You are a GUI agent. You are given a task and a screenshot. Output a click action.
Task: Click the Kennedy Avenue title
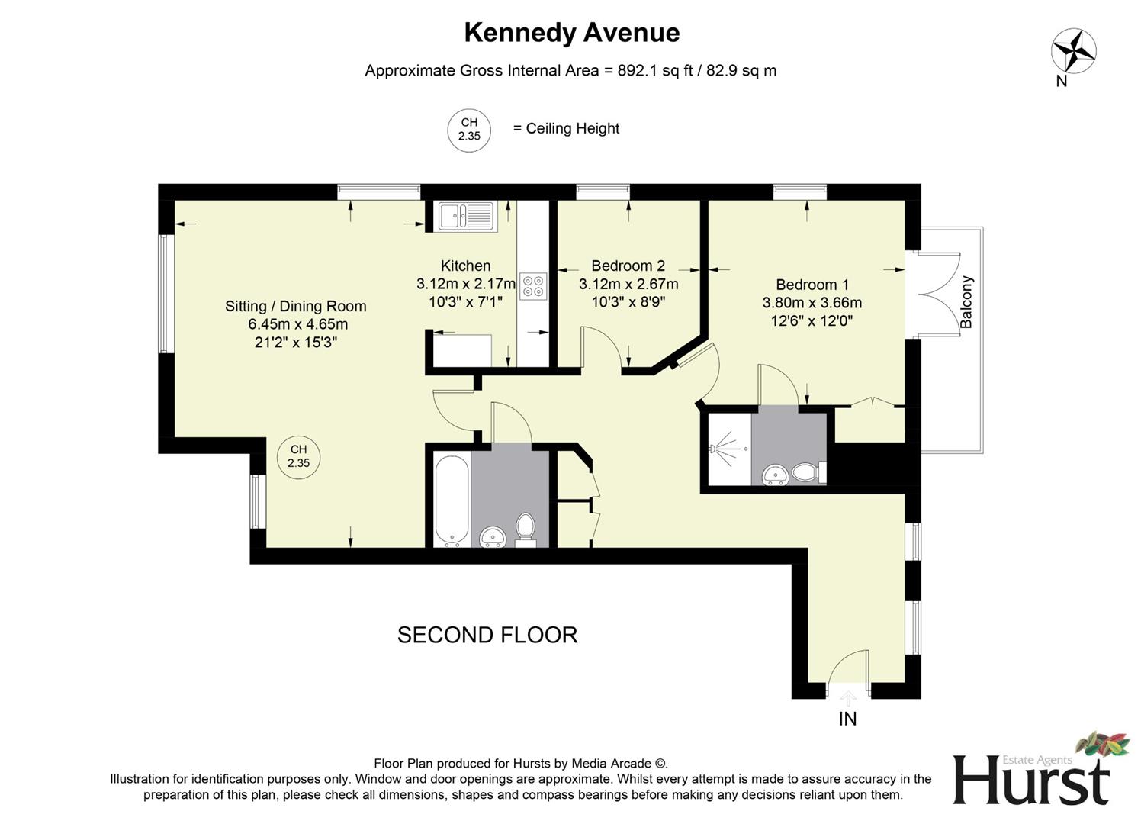(571, 33)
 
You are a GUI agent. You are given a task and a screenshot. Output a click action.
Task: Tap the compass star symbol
(1073, 51)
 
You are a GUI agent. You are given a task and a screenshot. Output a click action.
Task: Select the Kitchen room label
(465, 266)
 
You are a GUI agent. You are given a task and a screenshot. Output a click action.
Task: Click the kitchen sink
(466, 216)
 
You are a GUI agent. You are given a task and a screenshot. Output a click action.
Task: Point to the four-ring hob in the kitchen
(533, 285)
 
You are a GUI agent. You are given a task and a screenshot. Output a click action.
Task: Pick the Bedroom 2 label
(628, 266)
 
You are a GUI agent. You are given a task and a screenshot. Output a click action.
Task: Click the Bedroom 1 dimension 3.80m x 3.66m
(812, 303)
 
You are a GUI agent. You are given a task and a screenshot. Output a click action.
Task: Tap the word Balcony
(966, 302)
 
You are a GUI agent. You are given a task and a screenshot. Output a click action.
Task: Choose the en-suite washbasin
(776, 475)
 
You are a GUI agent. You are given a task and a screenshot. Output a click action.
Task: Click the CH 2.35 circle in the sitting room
(298, 456)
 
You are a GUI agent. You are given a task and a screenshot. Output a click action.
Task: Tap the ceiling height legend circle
(468, 129)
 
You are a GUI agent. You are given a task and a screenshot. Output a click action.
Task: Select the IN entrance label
(847, 719)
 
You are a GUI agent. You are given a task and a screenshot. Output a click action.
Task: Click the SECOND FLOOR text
(487, 635)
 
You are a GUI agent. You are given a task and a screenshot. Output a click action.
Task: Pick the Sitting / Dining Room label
(295, 307)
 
